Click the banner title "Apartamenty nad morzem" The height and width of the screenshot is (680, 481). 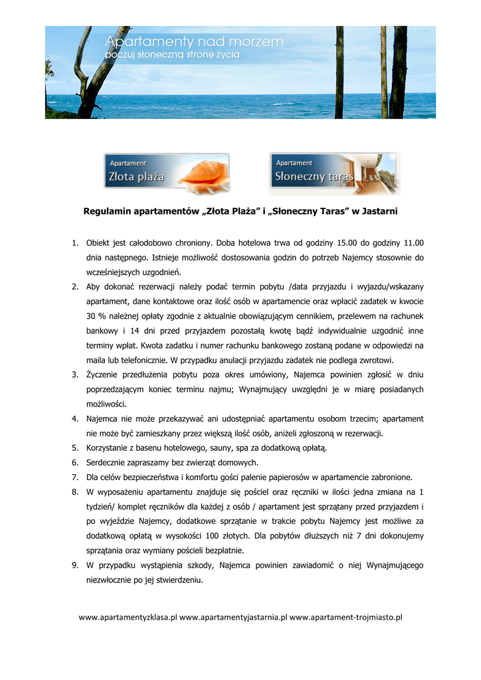195,42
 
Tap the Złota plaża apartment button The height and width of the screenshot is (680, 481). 166,174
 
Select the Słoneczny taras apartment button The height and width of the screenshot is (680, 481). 334,174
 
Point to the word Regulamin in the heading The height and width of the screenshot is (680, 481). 106,212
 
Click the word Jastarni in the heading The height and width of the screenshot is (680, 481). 379,212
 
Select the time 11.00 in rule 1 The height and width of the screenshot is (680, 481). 413,242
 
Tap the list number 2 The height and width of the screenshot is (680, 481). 75,287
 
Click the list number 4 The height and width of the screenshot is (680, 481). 75,419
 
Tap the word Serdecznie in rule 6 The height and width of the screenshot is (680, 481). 108,463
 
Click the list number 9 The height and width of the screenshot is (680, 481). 75,565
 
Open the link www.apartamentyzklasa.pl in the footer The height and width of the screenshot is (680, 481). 128,618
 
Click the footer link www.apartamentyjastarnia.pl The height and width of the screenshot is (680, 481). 233,618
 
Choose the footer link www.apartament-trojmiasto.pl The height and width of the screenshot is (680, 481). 346,618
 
